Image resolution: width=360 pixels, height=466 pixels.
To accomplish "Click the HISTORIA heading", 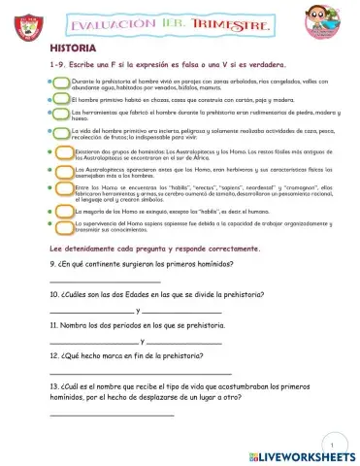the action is [x=71, y=46].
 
